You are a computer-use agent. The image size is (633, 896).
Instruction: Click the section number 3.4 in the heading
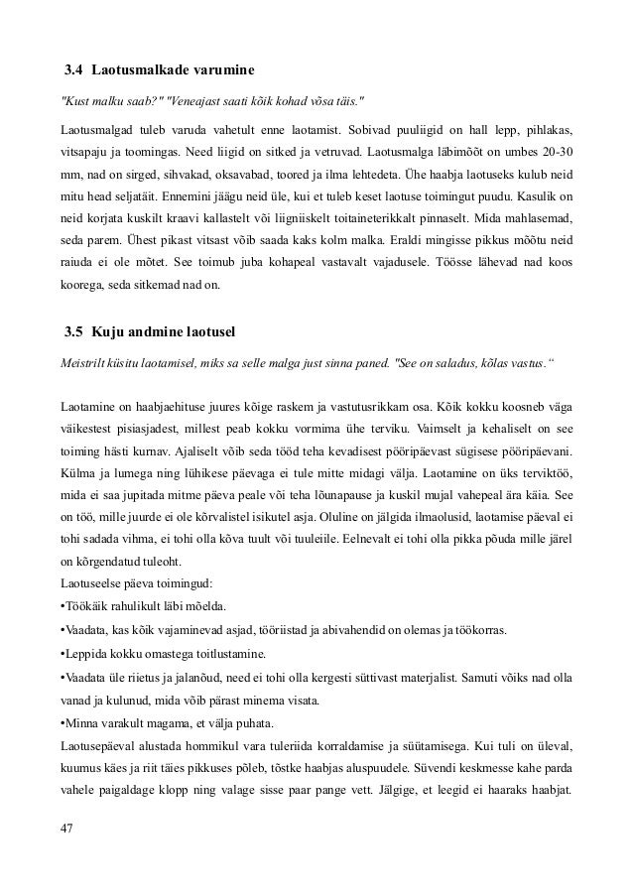74,71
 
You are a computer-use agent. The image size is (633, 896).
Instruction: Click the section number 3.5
74,331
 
